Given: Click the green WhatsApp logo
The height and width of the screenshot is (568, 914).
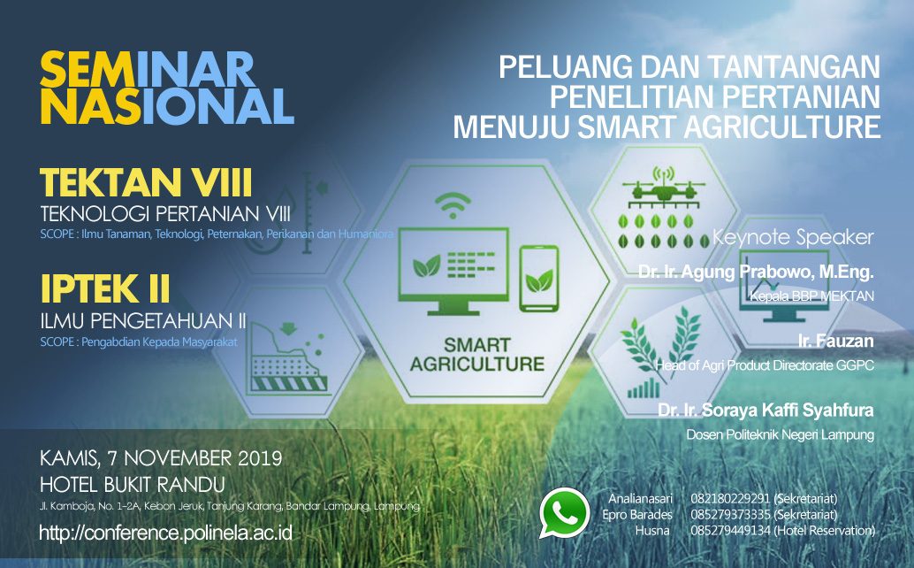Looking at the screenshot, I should pos(564,513).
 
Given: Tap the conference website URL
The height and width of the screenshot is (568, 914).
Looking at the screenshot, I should pos(165,533).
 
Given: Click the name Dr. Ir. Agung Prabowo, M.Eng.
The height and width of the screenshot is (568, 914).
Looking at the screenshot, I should pos(756,272).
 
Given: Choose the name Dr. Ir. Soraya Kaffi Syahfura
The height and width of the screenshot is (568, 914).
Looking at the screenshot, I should pos(765,411).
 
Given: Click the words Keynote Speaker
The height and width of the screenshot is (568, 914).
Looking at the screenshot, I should pos(793,238).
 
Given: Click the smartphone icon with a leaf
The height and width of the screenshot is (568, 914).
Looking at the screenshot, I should pos(539,279).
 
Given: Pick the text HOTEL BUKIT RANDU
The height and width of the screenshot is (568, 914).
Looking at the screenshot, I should pos(133,485).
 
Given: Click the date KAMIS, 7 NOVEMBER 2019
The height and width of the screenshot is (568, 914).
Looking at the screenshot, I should pos(161,459).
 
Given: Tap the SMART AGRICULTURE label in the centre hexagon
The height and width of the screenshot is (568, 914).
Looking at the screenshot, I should pos(476,353).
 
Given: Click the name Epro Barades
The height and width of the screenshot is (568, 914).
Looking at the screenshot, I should pos(636,515).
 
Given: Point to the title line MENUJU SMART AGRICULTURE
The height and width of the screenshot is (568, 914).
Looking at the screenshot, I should pos(667,126).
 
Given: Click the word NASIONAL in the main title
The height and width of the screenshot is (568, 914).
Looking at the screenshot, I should pos(167,106).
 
